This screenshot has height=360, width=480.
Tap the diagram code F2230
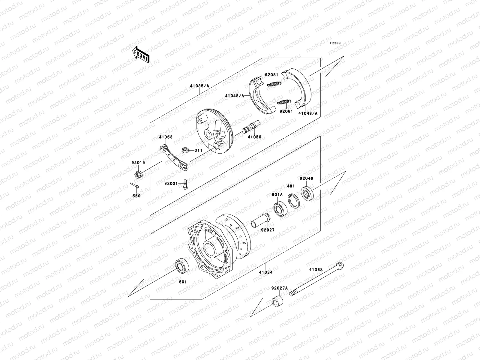tap(335, 43)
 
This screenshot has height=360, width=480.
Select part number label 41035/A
tap(199, 86)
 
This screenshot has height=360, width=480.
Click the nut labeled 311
tap(185, 150)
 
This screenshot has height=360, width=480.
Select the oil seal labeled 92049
tap(307, 193)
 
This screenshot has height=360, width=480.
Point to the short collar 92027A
tap(277, 301)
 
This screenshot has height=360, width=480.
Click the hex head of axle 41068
tap(340, 266)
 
